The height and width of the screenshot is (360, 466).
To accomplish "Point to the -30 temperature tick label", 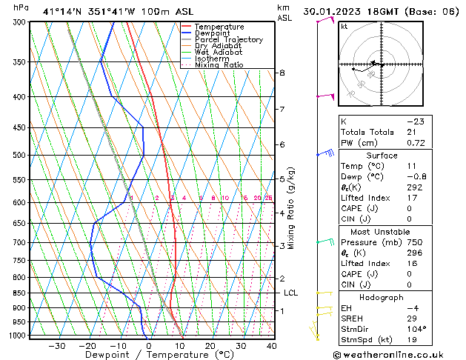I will (56, 346).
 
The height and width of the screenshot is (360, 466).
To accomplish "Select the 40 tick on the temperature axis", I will (271, 346).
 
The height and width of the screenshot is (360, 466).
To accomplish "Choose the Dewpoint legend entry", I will (213, 33).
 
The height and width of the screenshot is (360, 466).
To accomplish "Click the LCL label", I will (291, 293).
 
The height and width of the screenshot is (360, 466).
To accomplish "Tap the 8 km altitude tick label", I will (282, 73).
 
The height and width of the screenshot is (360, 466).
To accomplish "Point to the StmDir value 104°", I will (416, 329).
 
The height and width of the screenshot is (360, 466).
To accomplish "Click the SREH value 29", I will (412, 319).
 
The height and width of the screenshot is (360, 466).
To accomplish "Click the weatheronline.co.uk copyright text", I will (399, 354).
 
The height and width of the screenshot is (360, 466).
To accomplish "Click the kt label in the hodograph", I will (344, 27).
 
